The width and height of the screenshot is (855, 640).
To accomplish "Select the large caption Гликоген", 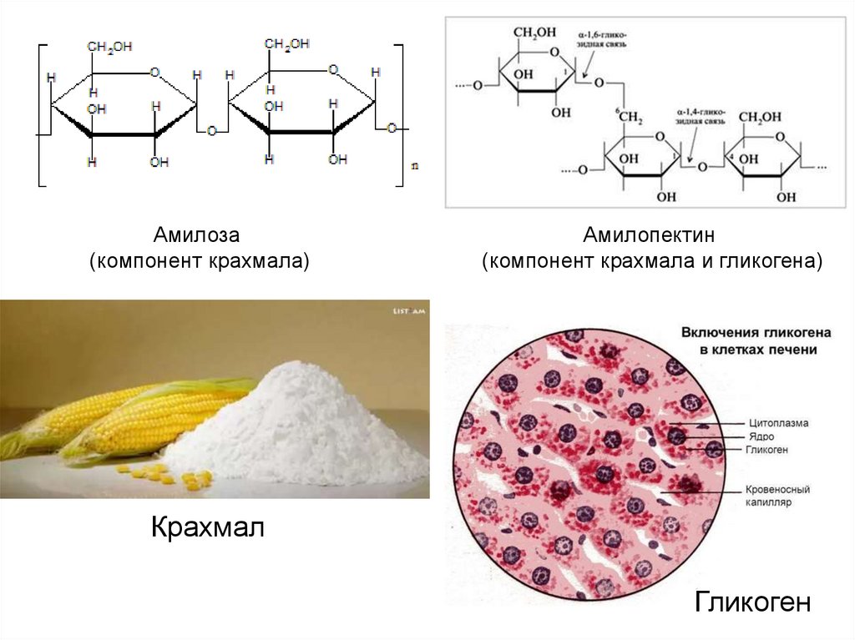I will tap(752, 602).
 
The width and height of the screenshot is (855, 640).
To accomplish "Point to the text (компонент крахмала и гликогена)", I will tap(652, 262).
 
